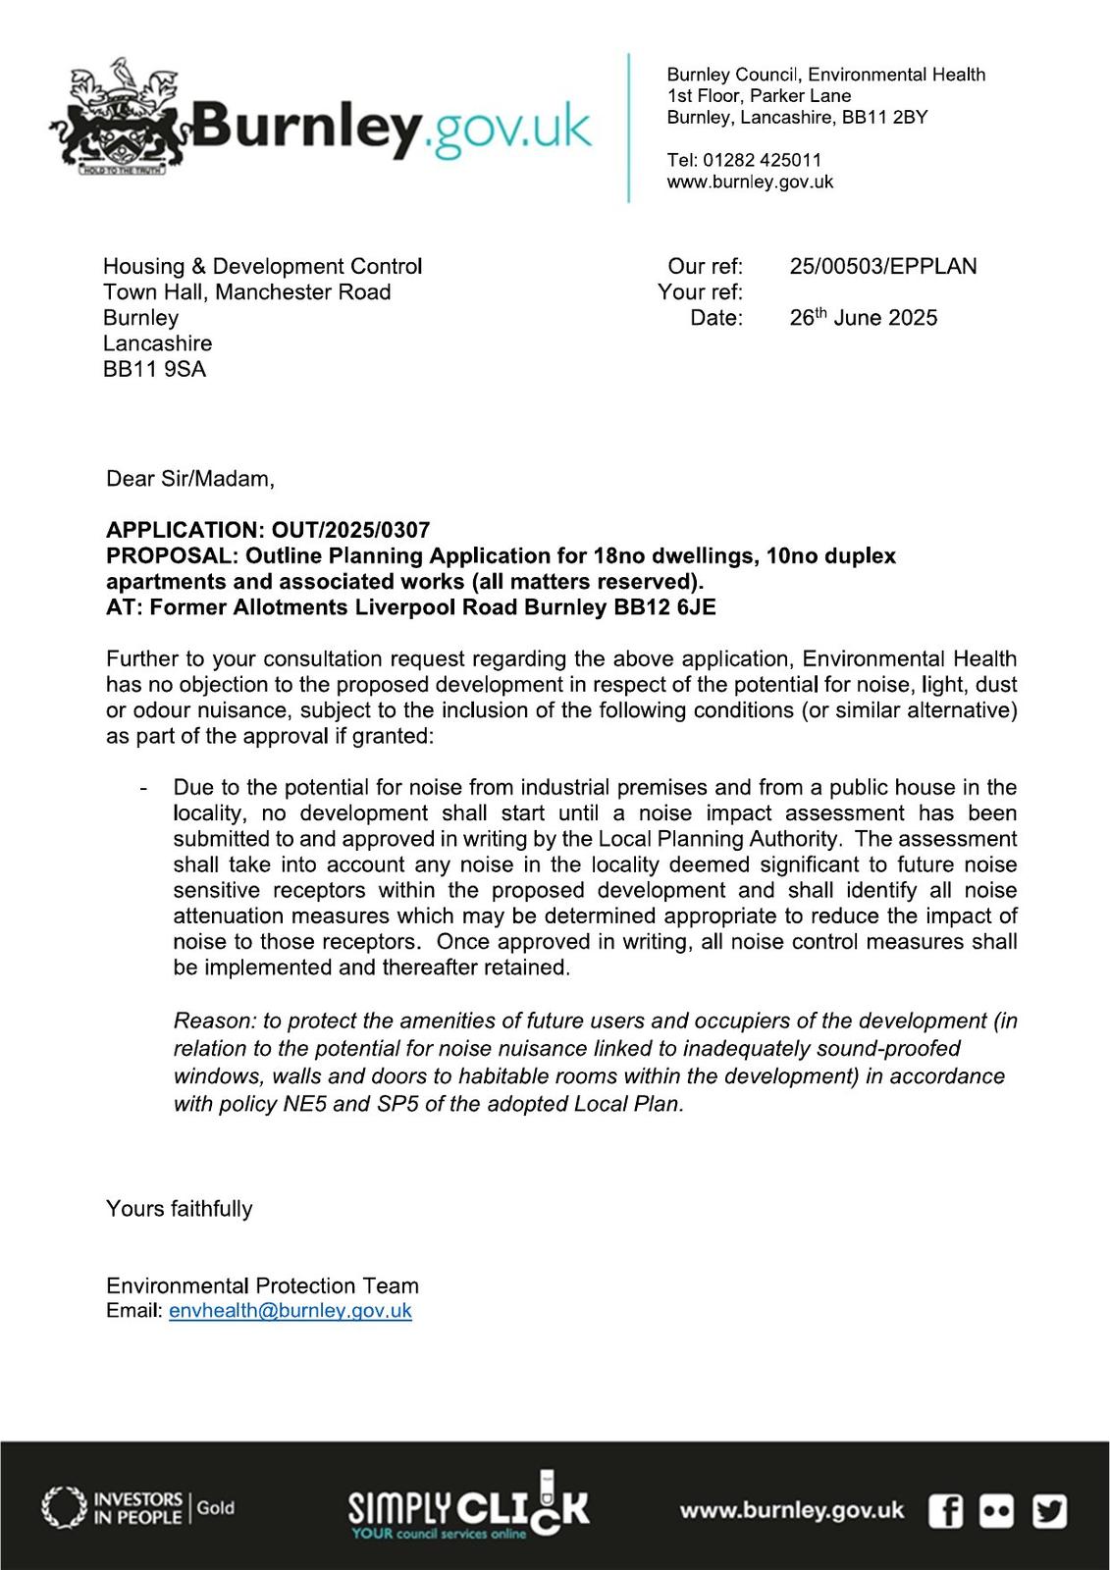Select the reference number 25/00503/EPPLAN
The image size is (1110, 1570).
(x=882, y=266)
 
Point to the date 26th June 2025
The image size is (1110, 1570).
(x=863, y=318)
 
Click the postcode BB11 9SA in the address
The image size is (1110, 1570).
(x=155, y=369)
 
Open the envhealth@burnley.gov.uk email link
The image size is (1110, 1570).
(x=290, y=1311)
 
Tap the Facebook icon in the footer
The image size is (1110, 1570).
(x=946, y=1510)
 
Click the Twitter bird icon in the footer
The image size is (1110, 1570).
(x=1049, y=1510)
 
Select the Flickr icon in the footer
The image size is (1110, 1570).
(x=997, y=1510)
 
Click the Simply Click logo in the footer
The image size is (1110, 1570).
(x=468, y=1506)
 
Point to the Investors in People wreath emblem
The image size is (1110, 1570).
(x=64, y=1507)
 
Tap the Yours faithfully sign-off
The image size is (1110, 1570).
(x=179, y=1208)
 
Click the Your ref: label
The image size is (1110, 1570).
(x=700, y=292)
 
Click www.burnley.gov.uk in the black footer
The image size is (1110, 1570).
(x=791, y=1510)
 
